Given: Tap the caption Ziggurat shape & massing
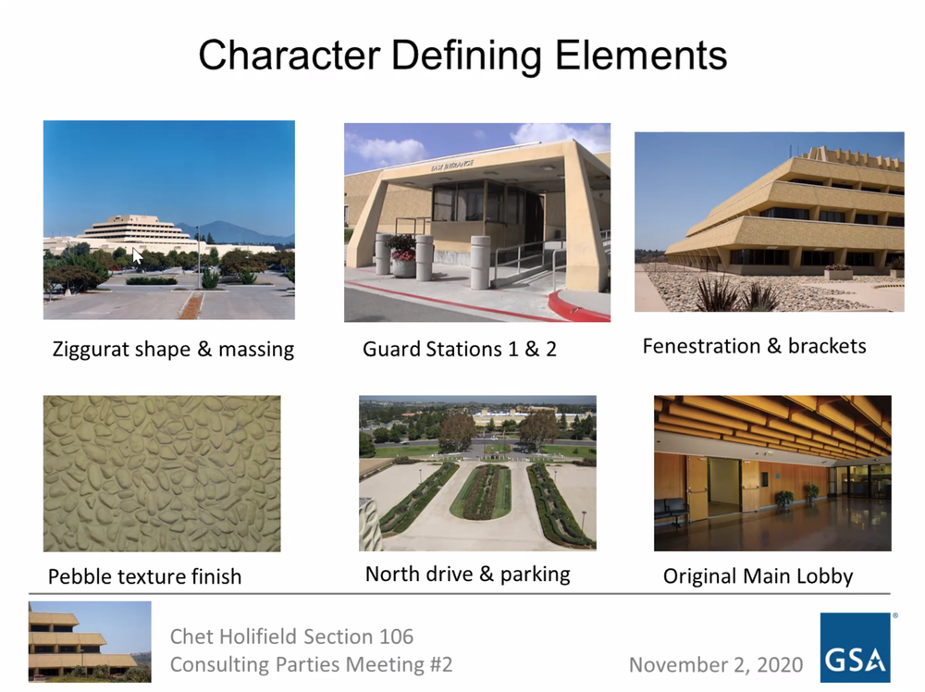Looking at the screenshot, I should [x=172, y=350].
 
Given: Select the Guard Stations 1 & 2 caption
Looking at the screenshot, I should [x=459, y=350].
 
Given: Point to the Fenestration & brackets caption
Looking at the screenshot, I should [x=754, y=346].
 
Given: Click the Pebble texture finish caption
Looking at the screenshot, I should [x=144, y=576].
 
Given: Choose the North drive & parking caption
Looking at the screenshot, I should [x=467, y=574].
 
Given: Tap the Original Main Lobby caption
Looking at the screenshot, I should [x=758, y=576].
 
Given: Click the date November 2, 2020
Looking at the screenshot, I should [x=715, y=664].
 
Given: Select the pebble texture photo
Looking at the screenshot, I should [x=162, y=474].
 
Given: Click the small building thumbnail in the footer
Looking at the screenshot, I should [x=90, y=641].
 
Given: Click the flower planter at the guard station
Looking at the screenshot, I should [x=403, y=254].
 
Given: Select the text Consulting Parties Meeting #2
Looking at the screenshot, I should [x=311, y=664].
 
